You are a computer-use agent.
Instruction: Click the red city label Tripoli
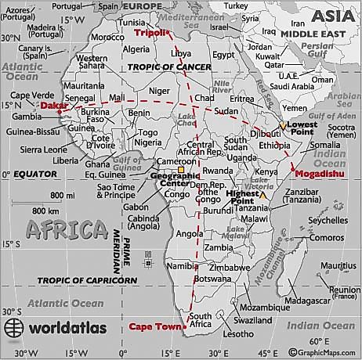coord(151,34)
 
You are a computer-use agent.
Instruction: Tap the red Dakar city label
coord(52,105)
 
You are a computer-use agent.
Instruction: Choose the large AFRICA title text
coord(66,229)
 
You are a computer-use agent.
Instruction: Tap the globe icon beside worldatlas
coord(13,327)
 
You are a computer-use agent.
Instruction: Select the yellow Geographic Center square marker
coord(180,169)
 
